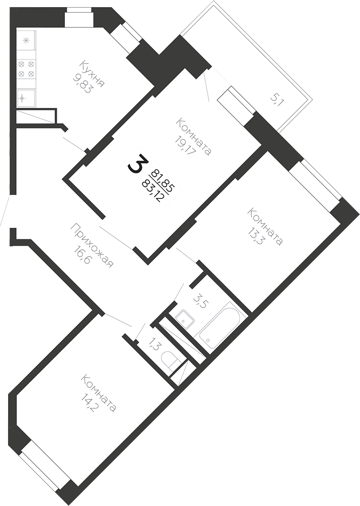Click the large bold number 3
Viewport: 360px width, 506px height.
click(x=138, y=164)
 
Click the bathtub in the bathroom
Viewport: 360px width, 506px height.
click(x=221, y=325)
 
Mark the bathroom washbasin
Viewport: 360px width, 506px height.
click(x=184, y=318)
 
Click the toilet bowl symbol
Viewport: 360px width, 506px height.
click(x=172, y=361)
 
